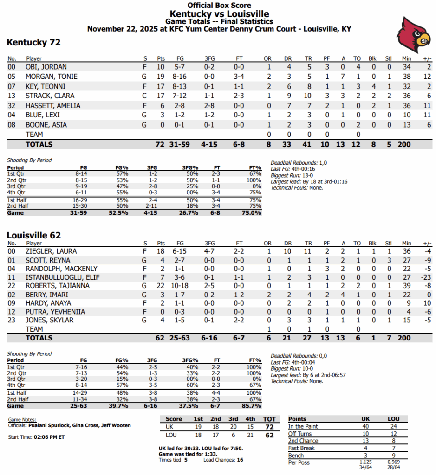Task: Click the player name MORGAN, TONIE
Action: coord(52,77)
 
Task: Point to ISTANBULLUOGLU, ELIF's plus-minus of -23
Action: coord(425,277)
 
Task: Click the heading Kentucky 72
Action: coord(33,43)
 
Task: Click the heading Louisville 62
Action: coord(33,236)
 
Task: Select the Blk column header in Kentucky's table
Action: coord(372,59)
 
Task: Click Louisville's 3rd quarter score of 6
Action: coord(234,436)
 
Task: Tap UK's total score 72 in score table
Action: coord(269,427)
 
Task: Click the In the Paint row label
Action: coord(303,426)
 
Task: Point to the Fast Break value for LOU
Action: coord(393,448)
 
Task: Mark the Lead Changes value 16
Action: coord(240,460)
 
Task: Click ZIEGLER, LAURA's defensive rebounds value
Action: coord(288,251)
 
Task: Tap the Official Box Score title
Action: coord(219,6)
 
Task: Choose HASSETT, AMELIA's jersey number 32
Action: coord(12,106)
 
